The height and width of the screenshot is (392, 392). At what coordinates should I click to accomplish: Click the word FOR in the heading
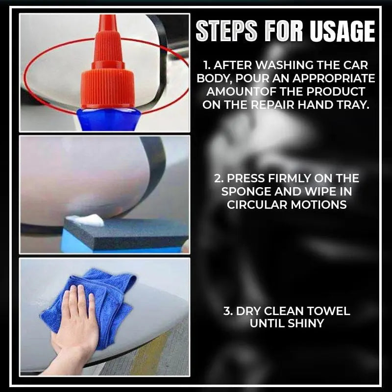[x=287, y=32]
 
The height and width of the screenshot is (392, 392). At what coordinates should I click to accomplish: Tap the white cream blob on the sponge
[x=86, y=220]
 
